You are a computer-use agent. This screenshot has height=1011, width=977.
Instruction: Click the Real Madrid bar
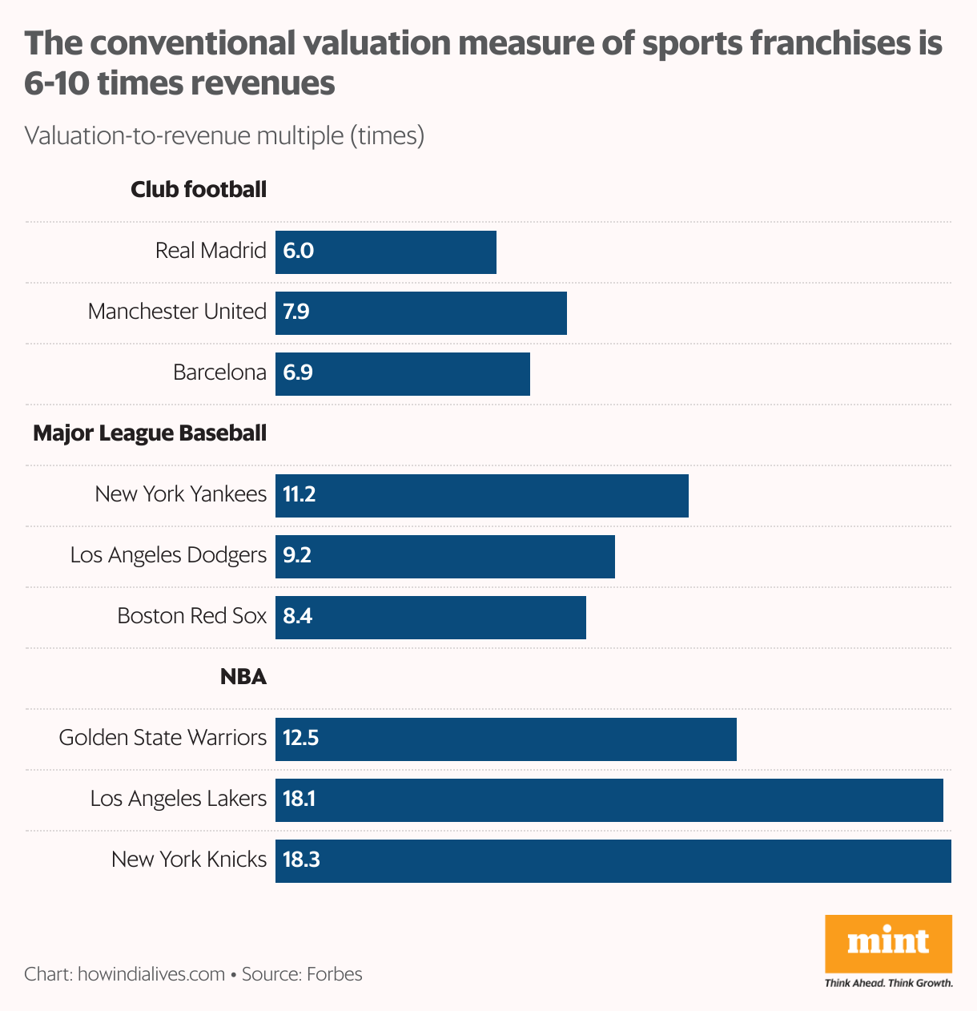(x=386, y=252)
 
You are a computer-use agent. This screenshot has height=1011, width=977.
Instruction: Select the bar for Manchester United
(x=421, y=313)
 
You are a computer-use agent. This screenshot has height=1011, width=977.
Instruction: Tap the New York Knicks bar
(x=613, y=861)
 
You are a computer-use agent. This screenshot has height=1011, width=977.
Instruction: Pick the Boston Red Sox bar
(x=431, y=618)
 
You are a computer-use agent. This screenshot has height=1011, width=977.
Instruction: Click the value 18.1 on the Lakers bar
(x=299, y=799)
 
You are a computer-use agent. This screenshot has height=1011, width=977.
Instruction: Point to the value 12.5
(x=301, y=738)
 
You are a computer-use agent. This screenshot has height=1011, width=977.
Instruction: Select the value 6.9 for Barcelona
(x=298, y=373)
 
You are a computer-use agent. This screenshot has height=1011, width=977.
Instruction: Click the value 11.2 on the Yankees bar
(x=300, y=494)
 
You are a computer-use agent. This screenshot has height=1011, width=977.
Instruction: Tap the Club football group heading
(x=199, y=190)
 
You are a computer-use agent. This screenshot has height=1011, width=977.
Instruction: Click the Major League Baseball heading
(x=150, y=433)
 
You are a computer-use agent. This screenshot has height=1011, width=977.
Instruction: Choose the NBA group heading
(x=243, y=677)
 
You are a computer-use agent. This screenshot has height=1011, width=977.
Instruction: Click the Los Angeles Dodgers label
(x=168, y=555)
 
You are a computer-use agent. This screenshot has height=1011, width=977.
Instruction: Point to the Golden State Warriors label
(x=163, y=738)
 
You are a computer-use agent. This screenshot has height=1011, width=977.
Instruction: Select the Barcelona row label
(x=219, y=373)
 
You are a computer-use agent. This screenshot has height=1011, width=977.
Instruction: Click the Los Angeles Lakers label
(x=178, y=799)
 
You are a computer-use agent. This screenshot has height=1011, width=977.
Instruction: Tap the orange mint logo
(x=888, y=943)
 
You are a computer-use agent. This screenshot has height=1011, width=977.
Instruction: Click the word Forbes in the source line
(x=335, y=974)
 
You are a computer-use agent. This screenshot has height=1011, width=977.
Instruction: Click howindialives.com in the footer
(x=151, y=974)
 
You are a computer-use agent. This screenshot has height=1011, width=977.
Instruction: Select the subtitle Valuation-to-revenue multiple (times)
(x=224, y=135)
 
